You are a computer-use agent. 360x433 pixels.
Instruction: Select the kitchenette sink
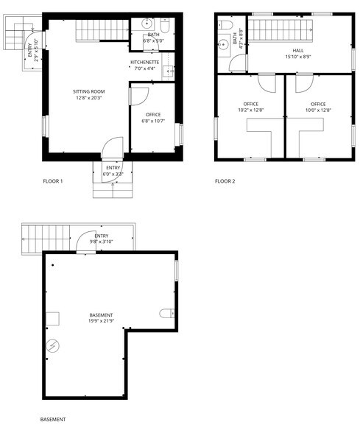coord(168,72)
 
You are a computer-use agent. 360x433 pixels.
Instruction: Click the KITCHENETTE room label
coord(145,63)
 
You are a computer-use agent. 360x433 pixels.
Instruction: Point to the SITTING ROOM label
coord(88,91)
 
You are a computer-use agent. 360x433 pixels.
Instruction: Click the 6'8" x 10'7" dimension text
coord(153,122)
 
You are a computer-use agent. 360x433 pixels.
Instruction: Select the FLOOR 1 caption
coord(53,181)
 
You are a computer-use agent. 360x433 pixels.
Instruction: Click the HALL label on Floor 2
coord(297,51)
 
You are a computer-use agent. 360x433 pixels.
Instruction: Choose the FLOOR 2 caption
coord(225,181)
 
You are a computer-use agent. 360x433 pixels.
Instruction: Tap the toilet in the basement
coord(166,314)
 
